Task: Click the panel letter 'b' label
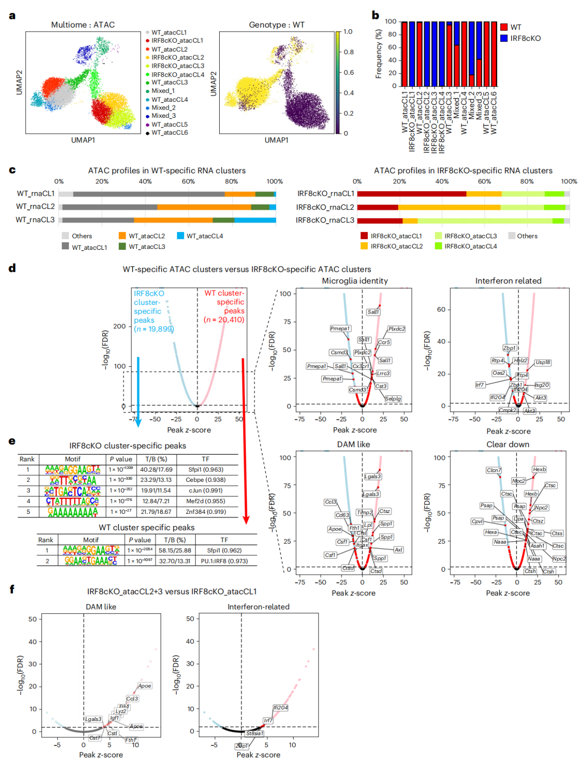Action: [375, 15]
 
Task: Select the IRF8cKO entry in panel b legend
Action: [525, 39]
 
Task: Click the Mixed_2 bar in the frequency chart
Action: [471, 54]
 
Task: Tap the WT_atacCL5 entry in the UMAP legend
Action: [169, 124]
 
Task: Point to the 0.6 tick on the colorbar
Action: [349, 72]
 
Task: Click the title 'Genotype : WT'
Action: [277, 25]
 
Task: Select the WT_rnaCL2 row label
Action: [35, 207]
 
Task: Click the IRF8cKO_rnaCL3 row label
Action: [325, 220]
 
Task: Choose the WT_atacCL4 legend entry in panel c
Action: [205, 236]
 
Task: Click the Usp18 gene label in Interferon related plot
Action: [543, 363]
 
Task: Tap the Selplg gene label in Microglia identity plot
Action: [393, 399]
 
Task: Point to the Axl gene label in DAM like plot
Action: [399, 550]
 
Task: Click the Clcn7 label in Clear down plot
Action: [494, 470]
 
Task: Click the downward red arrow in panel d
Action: [244, 440]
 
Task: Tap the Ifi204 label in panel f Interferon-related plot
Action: [281, 708]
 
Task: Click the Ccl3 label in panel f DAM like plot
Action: [132, 699]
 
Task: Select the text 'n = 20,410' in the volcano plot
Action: [224, 320]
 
